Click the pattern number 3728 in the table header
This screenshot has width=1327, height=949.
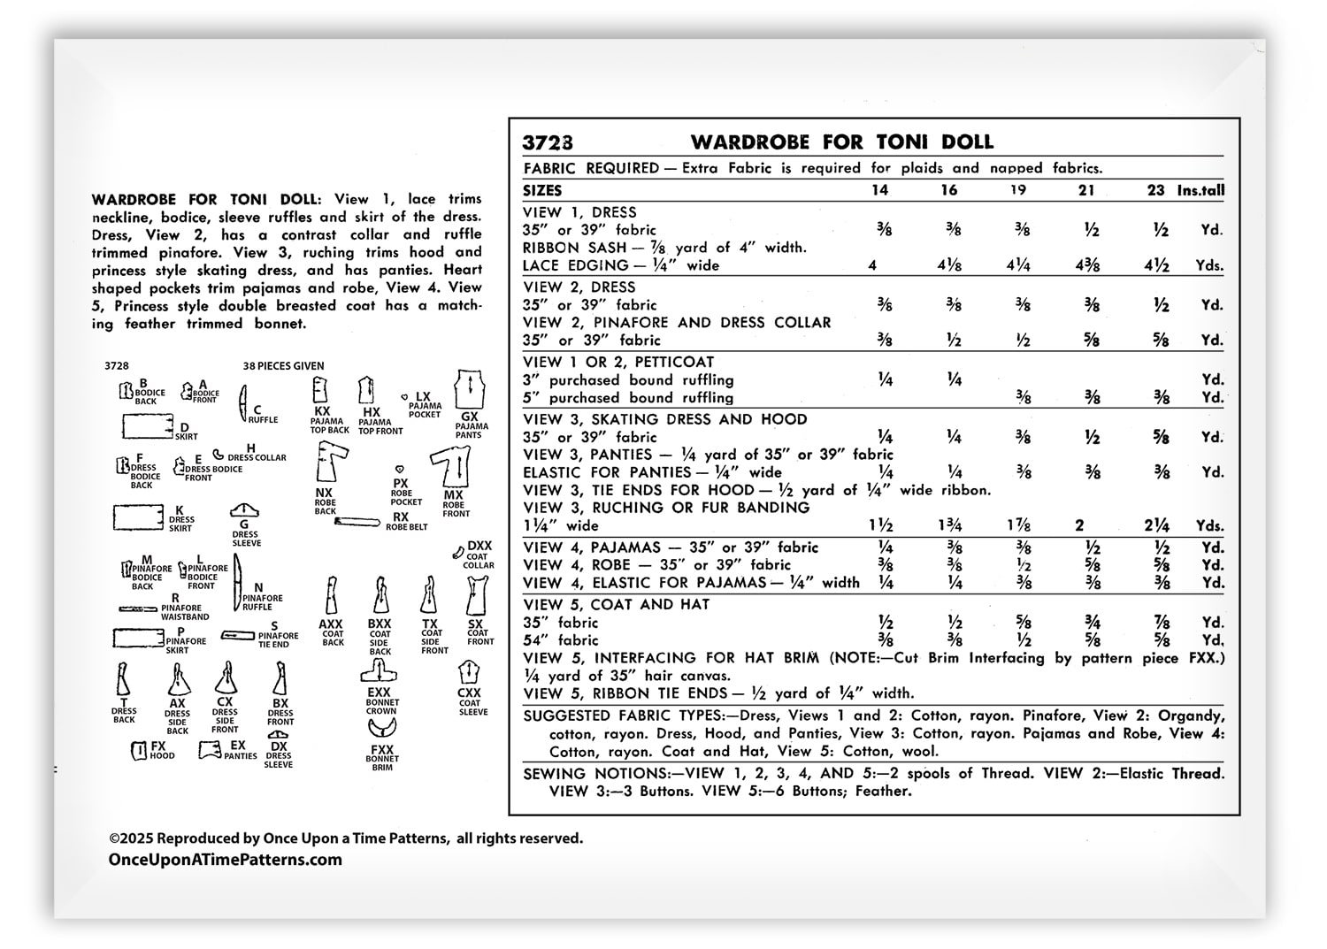(x=547, y=142)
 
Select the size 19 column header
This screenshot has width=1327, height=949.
(x=1018, y=190)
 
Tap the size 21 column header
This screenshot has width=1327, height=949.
(x=1086, y=190)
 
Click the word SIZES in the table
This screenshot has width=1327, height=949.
(x=542, y=190)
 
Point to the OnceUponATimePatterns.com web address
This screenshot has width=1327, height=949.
(x=225, y=860)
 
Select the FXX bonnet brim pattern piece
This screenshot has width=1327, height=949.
(x=382, y=730)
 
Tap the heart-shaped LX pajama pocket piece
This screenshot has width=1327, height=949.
(x=405, y=397)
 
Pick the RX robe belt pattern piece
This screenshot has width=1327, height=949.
(x=357, y=522)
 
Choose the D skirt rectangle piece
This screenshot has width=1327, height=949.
(x=147, y=426)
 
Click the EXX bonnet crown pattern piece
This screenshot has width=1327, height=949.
(x=379, y=673)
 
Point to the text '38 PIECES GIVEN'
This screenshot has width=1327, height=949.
(x=283, y=365)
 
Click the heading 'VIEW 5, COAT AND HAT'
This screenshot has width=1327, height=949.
(x=616, y=605)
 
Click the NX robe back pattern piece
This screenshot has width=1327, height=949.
(x=329, y=463)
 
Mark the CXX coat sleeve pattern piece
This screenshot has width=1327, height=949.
(x=470, y=673)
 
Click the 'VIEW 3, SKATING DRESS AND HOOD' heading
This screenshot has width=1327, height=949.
(x=664, y=419)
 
